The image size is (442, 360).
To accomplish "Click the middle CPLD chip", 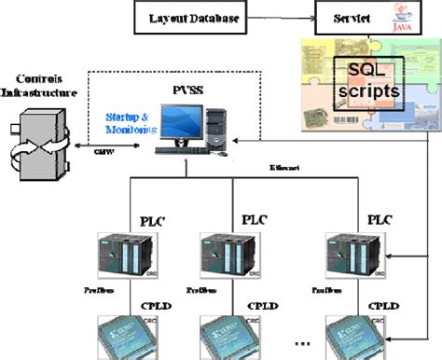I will [225, 338].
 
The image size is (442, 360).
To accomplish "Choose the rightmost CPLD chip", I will [353, 338].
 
